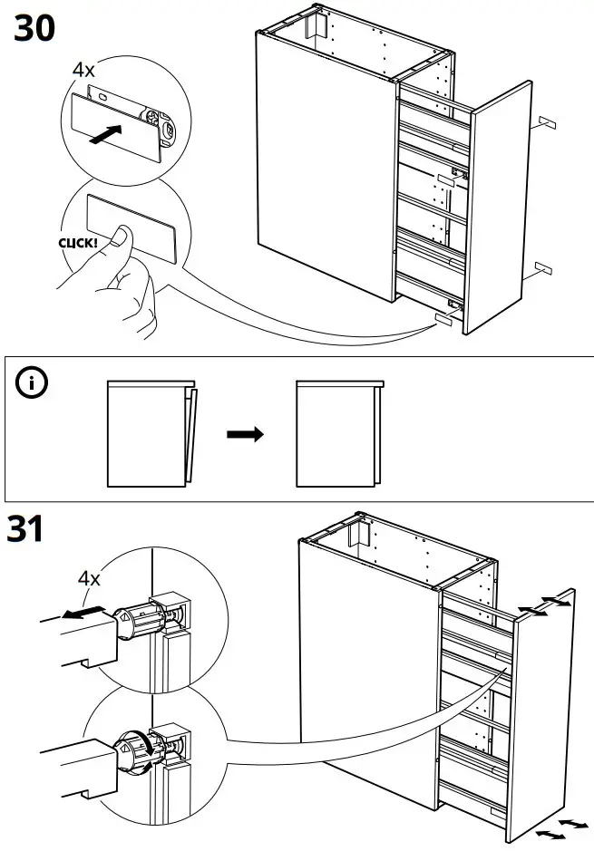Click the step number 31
[x=28, y=529]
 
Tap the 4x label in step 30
[x=83, y=68]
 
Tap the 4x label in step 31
[x=89, y=577]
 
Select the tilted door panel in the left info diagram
[x=190, y=434]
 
